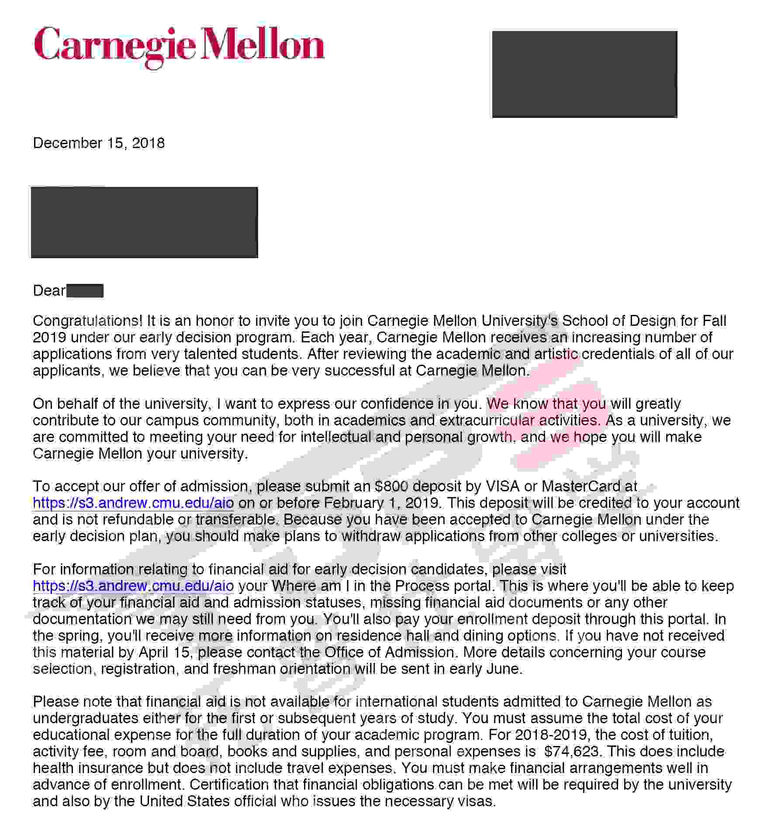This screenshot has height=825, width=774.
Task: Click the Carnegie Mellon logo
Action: [x=179, y=47]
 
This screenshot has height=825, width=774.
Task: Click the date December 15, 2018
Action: [x=99, y=143]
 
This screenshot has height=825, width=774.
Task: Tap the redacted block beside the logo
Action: [x=584, y=74]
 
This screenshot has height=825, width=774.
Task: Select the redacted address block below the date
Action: [x=144, y=222]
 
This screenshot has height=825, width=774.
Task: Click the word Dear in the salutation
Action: [x=49, y=291]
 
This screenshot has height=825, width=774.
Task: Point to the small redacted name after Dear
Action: [x=85, y=291]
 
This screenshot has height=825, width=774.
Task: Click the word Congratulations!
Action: [x=87, y=321]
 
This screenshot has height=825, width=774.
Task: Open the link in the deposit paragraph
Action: [x=133, y=503]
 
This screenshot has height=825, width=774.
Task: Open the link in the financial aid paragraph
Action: [x=133, y=586]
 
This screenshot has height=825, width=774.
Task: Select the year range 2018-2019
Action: [x=551, y=735]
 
